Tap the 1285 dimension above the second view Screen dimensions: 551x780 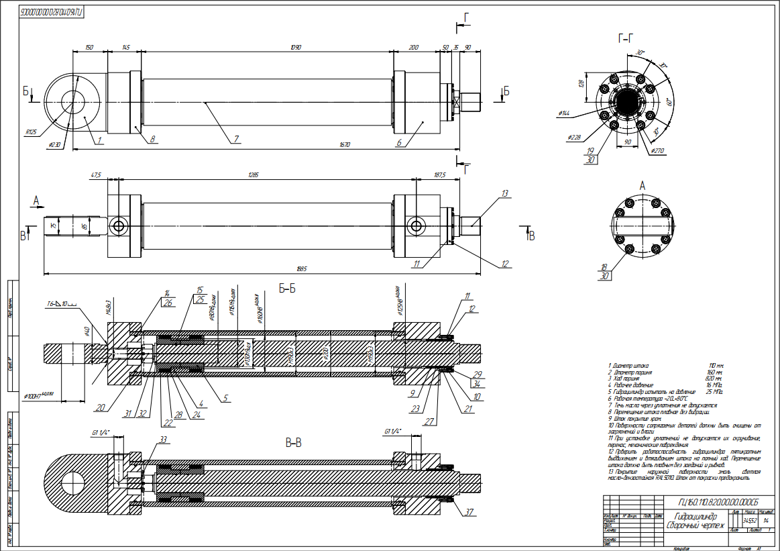253,174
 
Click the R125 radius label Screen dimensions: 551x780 31,132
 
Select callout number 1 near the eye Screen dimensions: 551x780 99,140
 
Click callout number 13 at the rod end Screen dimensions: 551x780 504,193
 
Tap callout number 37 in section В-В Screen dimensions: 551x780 469,513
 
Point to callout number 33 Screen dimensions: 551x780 163,440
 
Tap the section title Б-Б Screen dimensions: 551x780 288,289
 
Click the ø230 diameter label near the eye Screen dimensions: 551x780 54,144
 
